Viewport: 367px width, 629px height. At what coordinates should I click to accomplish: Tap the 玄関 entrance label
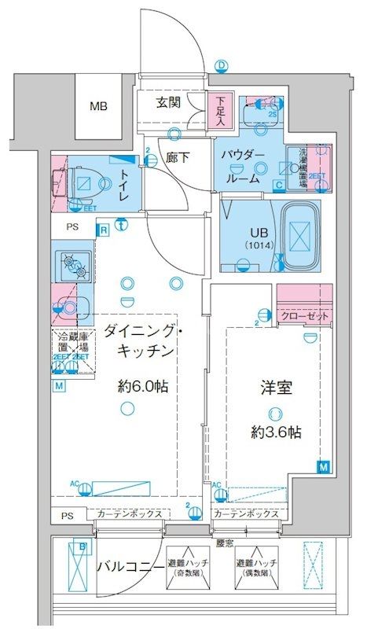pyautogui.click(x=168, y=102)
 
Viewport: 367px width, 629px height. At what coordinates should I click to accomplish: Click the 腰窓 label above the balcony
pyautogui.click(x=225, y=542)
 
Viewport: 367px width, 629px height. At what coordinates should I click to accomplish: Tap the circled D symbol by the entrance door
pyautogui.click(x=222, y=66)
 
